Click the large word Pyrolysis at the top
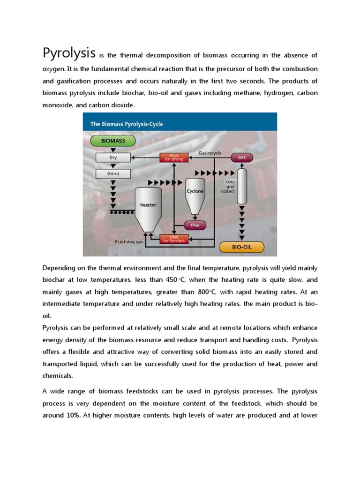69,53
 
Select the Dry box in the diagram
113,157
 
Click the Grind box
113,173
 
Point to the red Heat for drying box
174,157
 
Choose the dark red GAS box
242,158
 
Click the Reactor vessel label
148,205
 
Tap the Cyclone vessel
195,191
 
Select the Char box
195,225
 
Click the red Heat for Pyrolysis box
174,239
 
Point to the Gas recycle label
210,153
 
